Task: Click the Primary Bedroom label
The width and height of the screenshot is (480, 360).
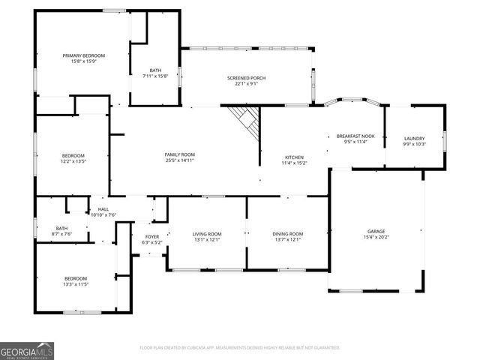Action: [x=83, y=55]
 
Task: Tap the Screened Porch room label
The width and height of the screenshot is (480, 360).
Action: [x=247, y=78]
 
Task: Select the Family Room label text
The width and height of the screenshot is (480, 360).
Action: [x=180, y=154]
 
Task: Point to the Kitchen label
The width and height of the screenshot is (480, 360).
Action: [x=294, y=157]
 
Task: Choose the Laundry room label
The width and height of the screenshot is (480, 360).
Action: [x=414, y=138]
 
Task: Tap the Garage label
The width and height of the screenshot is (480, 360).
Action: [x=376, y=231]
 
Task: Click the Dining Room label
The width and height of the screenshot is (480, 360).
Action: [x=287, y=234]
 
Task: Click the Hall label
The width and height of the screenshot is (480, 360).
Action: [x=103, y=209]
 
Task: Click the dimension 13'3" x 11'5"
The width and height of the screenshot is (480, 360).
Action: [x=76, y=285]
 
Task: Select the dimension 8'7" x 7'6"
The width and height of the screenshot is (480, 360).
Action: [x=61, y=234]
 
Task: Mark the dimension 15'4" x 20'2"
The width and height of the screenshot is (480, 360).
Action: [x=376, y=237]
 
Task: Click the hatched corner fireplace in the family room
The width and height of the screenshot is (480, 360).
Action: [x=245, y=118]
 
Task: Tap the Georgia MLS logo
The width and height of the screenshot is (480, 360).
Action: [x=27, y=349]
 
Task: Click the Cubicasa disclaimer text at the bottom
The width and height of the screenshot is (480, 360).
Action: [x=240, y=348]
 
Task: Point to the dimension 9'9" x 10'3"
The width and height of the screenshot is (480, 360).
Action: [x=414, y=144]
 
